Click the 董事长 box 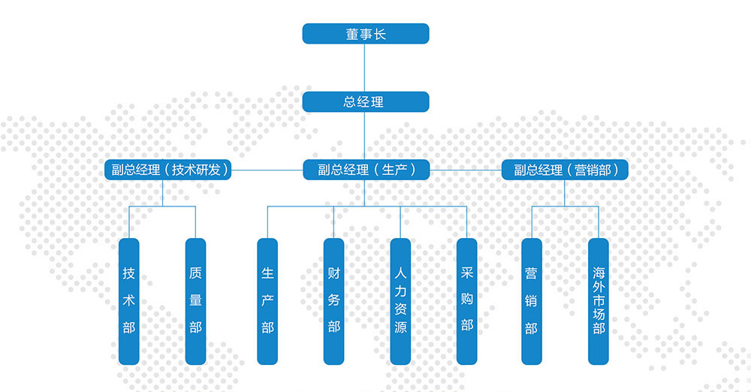(x=366, y=34)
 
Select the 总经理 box (x=366, y=102)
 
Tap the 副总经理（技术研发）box (x=166, y=170)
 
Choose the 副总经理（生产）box (x=366, y=170)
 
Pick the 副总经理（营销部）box (x=565, y=170)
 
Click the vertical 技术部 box (x=129, y=301)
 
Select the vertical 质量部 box (x=195, y=301)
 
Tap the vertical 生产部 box (x=267, y=301)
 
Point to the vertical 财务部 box (x=334, y=301)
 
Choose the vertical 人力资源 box (x=400, y=301)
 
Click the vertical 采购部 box (x=467, y=301)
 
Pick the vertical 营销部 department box (x=532, y=301)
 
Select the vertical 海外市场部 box (x=599, y=301)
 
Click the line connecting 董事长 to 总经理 (x=365, y=68)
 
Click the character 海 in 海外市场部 (x=599, y=272)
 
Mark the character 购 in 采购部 (x=467, y=300)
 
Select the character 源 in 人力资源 (x=400, y=327)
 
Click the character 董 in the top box (x=352, y=34)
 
